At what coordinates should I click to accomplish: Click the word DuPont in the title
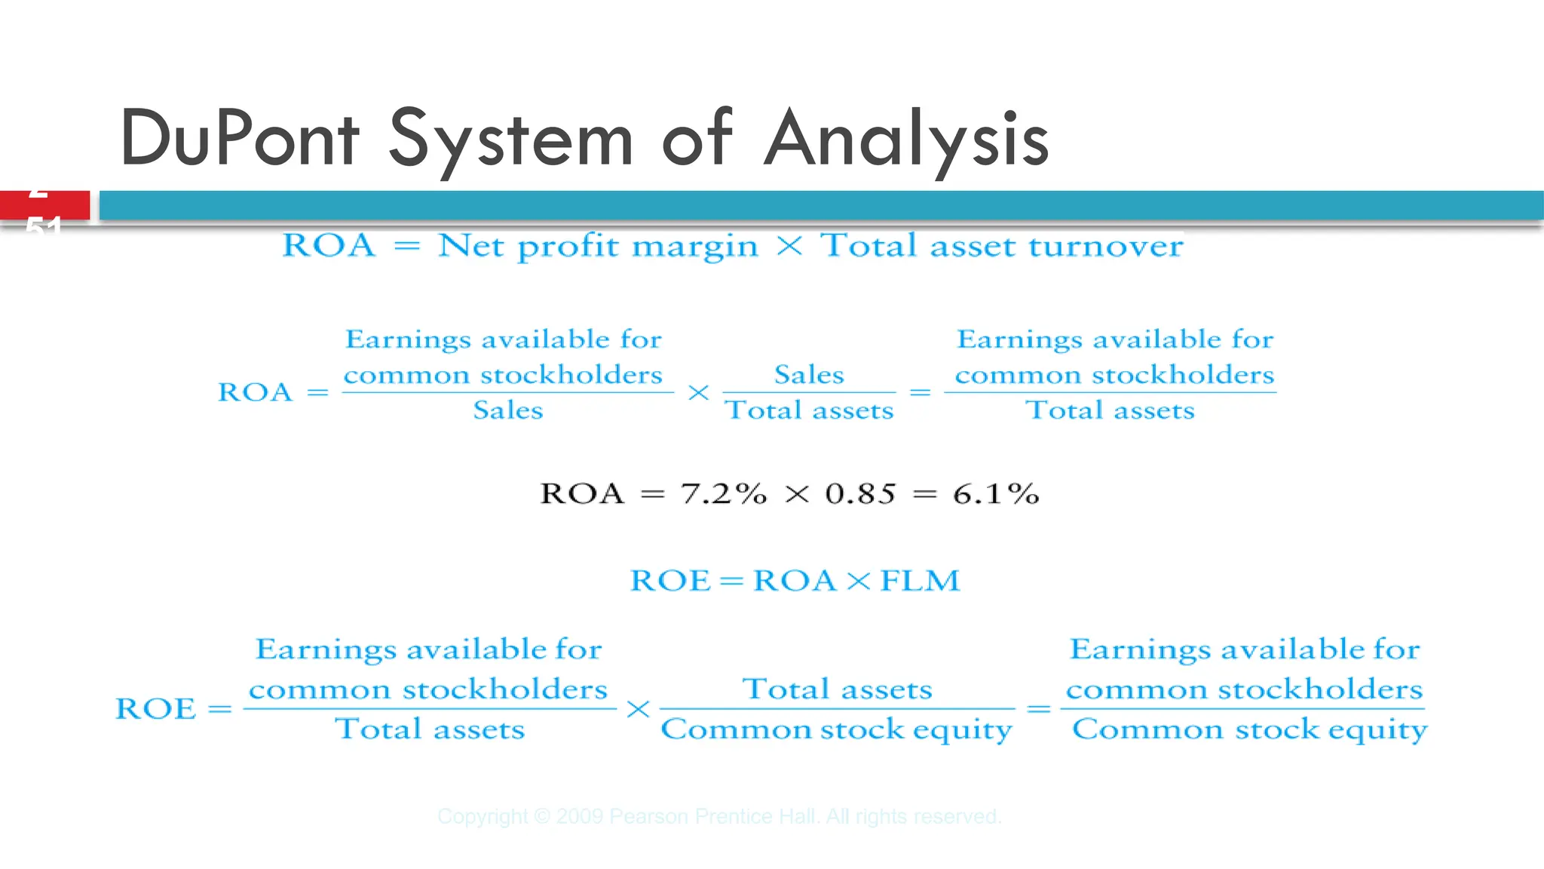pos(240,139)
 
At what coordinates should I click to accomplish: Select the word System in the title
pos(510,139)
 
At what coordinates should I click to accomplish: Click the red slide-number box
pos(44,205)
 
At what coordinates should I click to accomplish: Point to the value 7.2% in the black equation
pos(723,494)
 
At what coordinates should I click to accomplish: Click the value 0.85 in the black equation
pos(860,494)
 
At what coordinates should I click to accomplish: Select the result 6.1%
pos(996,494)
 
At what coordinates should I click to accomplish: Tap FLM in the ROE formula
pos(920,580)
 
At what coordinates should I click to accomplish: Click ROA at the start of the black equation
pos(582,494)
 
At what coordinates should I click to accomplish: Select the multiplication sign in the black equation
pos(797,495)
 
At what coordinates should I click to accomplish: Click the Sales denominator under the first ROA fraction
pos(508,410)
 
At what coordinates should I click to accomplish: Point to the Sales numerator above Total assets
pos(809,375)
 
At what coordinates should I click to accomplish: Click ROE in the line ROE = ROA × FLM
pos(670,580)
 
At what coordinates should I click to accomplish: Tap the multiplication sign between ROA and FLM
pos(858,581)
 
